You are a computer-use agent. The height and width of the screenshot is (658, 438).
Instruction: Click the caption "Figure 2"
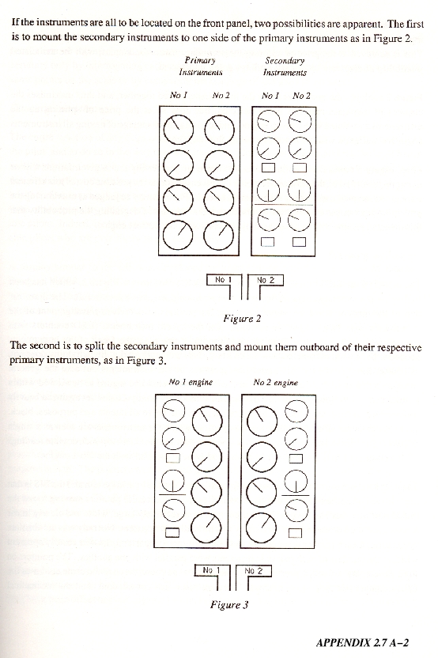click(x=242, y=319)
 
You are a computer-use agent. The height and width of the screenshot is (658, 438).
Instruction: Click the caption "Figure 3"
click(x=229, y=605)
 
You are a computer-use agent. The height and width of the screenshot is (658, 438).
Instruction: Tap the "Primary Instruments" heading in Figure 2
click(x=201, y=66)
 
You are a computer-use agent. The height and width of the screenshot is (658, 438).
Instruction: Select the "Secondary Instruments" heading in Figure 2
click(x=285, y=66)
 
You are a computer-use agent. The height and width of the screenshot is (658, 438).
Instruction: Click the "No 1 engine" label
click(x=191, y=382)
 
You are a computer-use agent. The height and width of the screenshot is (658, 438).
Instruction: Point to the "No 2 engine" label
click(x=276, y=383)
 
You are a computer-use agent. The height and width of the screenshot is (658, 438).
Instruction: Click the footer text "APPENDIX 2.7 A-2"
click(x=362, y=642)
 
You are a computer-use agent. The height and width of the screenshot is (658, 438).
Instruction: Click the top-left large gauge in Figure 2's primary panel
click(x=179, y=130)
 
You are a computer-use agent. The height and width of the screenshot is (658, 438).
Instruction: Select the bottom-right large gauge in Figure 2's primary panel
click(x=218, y=236)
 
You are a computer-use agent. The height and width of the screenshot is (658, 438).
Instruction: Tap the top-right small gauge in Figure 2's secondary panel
click(x=300, y=121)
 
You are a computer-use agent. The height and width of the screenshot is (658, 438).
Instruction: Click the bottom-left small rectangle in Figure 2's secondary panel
click(x=268, y=242)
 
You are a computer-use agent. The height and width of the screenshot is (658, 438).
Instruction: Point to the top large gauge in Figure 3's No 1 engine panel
click(x=207, y=421)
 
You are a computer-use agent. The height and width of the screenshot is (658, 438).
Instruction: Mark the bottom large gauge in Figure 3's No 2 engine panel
click(x=261, y=528)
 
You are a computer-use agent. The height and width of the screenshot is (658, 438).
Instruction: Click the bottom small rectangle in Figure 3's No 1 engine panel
click(x=172, y=532)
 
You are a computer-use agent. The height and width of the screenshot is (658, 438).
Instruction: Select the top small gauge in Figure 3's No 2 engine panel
click(x=296, y=411)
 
